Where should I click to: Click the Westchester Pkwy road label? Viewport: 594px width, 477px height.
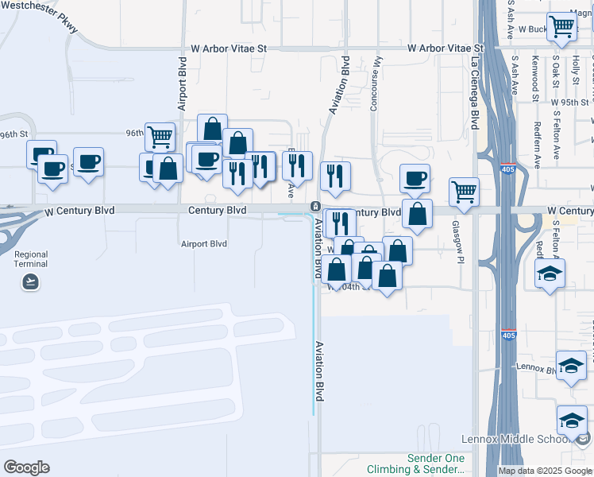[39, 15]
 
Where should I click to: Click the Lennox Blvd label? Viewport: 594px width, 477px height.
[538, 367]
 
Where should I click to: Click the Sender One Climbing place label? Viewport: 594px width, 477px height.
[436, 464]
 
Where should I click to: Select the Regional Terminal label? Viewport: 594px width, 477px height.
[31, 260]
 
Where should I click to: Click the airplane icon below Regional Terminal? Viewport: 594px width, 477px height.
[31, 281]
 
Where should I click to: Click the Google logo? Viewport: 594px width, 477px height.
[26, 467]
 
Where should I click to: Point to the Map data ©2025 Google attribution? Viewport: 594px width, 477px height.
[545, 471]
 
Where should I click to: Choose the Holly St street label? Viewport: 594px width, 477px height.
[576, 70]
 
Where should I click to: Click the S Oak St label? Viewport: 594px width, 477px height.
[556, 72]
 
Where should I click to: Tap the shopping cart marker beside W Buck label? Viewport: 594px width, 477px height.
[562, 27]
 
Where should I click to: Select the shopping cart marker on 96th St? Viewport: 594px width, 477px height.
[160, 136]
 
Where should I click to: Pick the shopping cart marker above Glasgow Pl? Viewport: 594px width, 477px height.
[464, 190]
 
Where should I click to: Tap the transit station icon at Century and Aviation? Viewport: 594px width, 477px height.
[314, 207]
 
